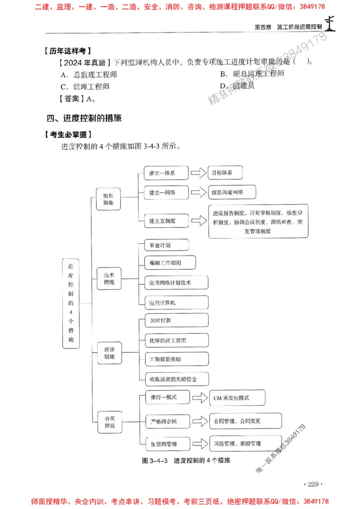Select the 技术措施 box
pyautogui.click(x=109, y=278)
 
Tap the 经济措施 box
pyautogui.click(x=109, y=353)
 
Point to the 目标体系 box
pyautogui.click(x=225, y=173)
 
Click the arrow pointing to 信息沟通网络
pyautogui.click(x=198, y=192)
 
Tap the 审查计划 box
pyautogui.click(x=166, y=246)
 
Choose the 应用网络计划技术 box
pyautogui.click(x=176, y=282)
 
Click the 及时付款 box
pyautogui.click(x=176, y=320)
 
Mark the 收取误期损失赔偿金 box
pyautogui.click(x=176, y=379)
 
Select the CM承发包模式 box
pyautogui.click(x=237, y=397)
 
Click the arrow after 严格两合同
pyautogui.click(x=198, y=421)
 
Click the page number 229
pyautogui.click(x=310, y=484)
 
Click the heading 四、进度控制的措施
pyautogui.click(x=84, y=119)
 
